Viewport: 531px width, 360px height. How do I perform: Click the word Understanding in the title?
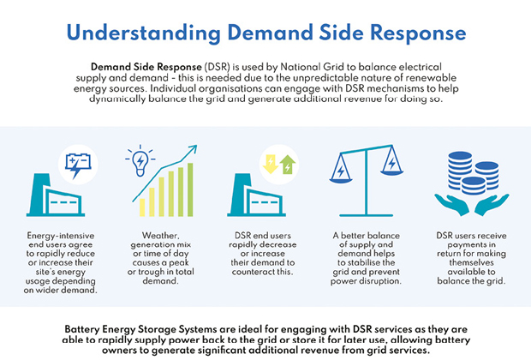[144, 33]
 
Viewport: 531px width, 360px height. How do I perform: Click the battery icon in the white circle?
[78, 165]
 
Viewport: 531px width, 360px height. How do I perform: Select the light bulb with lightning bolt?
[140, 160]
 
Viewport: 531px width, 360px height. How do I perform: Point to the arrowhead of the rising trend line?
[193, 148]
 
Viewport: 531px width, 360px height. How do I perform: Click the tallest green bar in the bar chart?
[190, 189]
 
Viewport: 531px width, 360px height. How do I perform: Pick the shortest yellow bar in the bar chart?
[142, 207]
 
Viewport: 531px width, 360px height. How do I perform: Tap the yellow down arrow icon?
[271, 164]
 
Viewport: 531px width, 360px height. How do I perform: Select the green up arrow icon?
[288, 165]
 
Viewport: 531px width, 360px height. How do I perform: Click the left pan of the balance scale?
[341, 180]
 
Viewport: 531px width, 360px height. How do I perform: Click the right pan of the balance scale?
[391, 172]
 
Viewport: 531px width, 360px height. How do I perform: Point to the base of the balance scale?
[366, 215]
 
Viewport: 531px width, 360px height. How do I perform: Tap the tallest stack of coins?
[460, 170]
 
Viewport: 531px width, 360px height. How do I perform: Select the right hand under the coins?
[492, 204]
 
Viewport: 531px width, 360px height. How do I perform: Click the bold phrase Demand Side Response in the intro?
[146, 67]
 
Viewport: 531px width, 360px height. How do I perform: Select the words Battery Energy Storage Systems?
[140, 329]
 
